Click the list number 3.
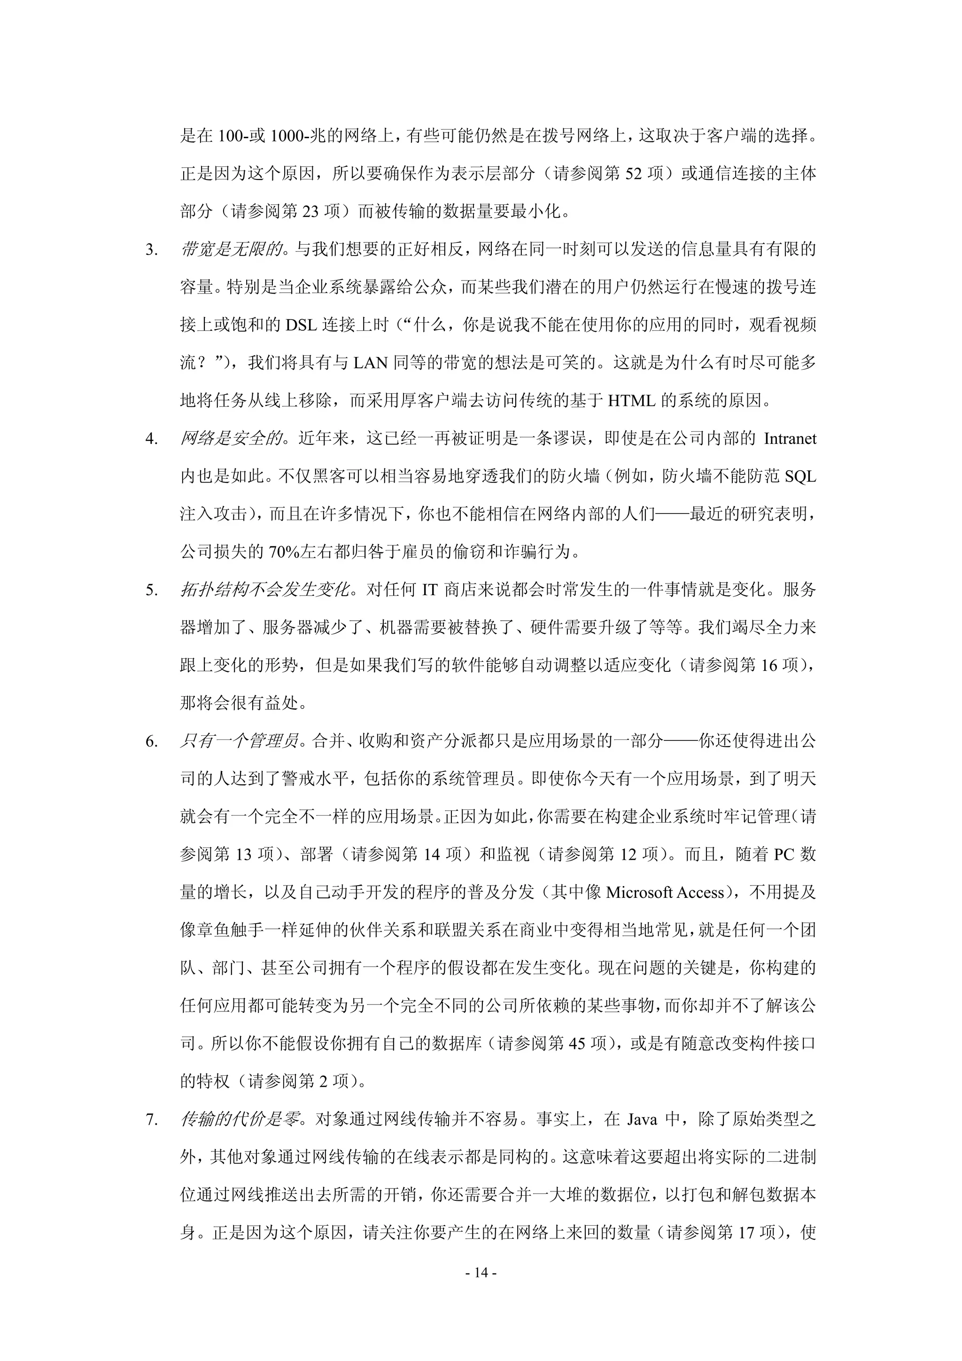(x=152, y=250)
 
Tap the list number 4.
(x=152, y=439)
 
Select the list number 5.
(x=152, y=591)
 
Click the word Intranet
(x=790, y=439)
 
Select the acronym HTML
(x=632, y=401)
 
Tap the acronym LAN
(x=371, y=363)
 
